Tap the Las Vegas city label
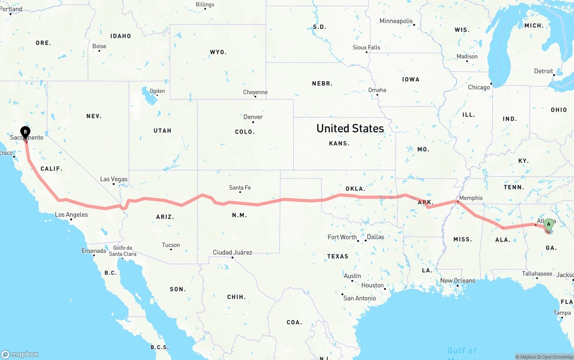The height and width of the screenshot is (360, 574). (113, 179)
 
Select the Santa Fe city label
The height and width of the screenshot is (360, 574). (240, 188)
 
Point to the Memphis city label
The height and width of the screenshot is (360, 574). (471, 198)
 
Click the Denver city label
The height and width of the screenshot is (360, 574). (253, 117)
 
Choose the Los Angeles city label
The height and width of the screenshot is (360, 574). (71, 215)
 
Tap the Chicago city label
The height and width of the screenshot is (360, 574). (479, 87)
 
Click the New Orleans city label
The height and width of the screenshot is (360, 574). (457, 281)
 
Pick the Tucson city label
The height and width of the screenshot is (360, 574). (171, 245)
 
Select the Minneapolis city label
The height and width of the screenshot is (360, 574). (396, 21)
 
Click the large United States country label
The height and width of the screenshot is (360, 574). (350, 129)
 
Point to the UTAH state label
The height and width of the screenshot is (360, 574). (162, 130)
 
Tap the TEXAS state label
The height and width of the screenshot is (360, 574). (338, 256)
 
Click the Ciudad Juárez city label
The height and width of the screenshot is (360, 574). (232, 252)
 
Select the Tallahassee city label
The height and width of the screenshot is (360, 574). (537, 273)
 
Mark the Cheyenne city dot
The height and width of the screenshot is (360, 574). (255, 96)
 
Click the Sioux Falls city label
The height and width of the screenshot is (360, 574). (366, 48)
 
